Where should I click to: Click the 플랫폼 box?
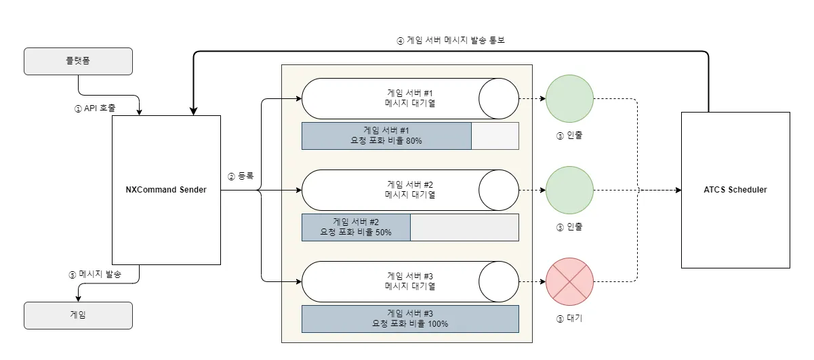78,61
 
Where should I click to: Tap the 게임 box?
78,315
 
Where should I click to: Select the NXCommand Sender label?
166,190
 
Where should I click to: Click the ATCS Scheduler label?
735,190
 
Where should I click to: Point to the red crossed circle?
569,281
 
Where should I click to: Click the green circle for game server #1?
569,98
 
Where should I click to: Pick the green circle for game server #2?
569,191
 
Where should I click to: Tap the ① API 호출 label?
95,108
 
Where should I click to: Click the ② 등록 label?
240,176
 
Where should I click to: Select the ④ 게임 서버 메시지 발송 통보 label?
451,40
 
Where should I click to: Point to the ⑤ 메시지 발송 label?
96,275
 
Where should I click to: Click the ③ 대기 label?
569,318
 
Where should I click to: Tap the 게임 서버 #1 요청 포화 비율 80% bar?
386,136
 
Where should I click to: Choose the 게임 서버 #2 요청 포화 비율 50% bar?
356,227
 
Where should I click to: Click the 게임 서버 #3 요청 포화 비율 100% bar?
410,319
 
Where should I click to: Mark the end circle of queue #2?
499,191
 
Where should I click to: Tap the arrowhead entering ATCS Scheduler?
677,191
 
